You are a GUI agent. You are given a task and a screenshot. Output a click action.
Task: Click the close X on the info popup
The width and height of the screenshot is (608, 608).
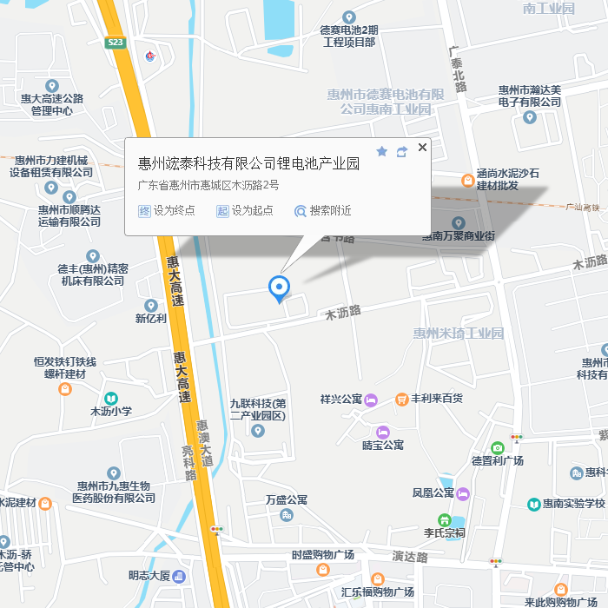(x=423, y=148)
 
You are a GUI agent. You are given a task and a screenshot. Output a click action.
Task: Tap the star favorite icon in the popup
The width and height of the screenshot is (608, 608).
(x=381, y=151)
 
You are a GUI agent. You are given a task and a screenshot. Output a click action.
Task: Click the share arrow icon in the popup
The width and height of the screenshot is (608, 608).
(x=401, y=152)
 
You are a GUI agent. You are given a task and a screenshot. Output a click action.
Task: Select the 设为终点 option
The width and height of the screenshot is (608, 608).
(x=167, y=210)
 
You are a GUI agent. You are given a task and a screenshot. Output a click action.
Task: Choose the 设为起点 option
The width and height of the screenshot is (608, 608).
(x=245, y=210)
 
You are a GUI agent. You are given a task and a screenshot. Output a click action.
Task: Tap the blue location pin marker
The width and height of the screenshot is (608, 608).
(x=279, y=287)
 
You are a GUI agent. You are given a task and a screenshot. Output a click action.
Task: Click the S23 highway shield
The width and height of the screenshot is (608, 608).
(x=116, y=42)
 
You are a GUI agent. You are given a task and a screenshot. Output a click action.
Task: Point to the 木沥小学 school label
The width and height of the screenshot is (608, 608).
(x=111, y=411)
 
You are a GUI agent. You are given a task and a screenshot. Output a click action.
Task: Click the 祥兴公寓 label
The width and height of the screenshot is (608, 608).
(x=340, y=400)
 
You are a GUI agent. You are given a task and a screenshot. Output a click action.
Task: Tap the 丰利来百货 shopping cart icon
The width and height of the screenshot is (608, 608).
(x=402, y=399)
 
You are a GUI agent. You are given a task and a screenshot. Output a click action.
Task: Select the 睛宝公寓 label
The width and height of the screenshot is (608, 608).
(x=383, y=445)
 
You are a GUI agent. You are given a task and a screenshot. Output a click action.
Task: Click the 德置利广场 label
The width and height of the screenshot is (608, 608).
(x=498, y=460)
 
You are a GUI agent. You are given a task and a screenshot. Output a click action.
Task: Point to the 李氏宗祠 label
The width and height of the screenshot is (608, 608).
(x=444, y=532)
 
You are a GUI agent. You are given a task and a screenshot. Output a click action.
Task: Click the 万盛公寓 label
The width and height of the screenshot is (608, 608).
(x=287, y=500)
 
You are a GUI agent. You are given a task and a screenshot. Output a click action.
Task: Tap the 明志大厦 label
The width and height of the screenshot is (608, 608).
(x=149, y=575)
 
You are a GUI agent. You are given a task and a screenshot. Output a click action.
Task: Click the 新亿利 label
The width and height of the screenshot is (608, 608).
(x=151, y=319)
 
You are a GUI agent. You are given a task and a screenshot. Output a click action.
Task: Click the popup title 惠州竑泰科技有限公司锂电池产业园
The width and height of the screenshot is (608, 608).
(x=248, y=163)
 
